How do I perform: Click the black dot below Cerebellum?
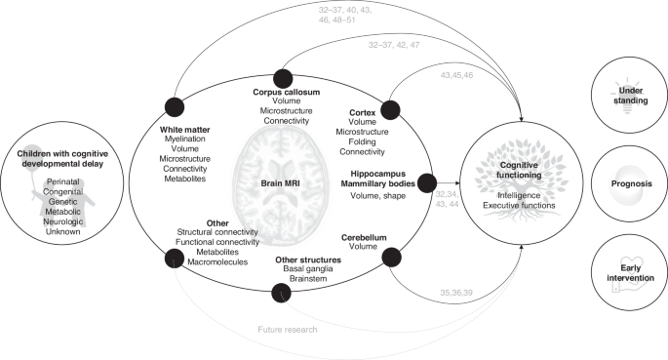click(390, 258)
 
